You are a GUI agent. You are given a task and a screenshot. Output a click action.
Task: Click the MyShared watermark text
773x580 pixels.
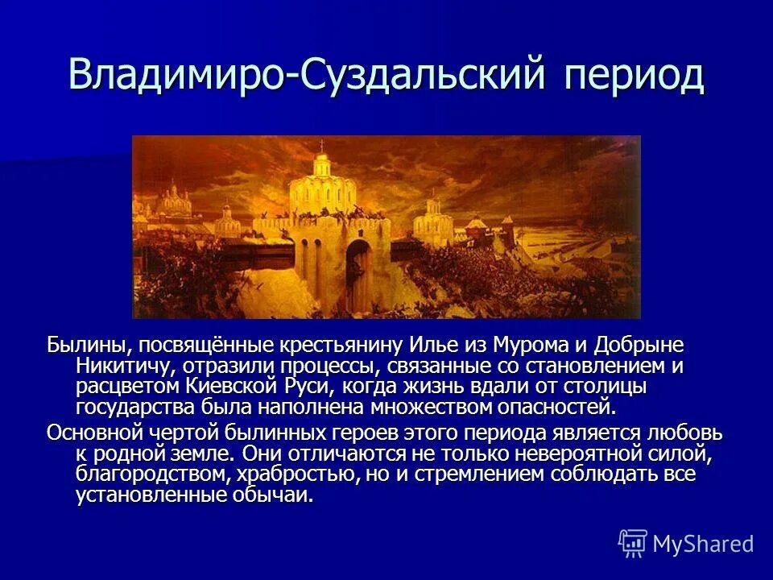tap(703, 544)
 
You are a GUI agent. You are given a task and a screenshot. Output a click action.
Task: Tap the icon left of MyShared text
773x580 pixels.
tap(633, 544)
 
